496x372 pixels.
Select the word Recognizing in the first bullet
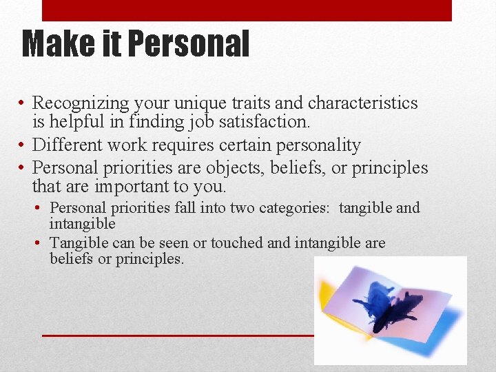tap(81, 103)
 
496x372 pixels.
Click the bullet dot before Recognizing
tap(23, 104)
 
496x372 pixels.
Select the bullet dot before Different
tap(23, 146)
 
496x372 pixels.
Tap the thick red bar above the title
tap(247, 10)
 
